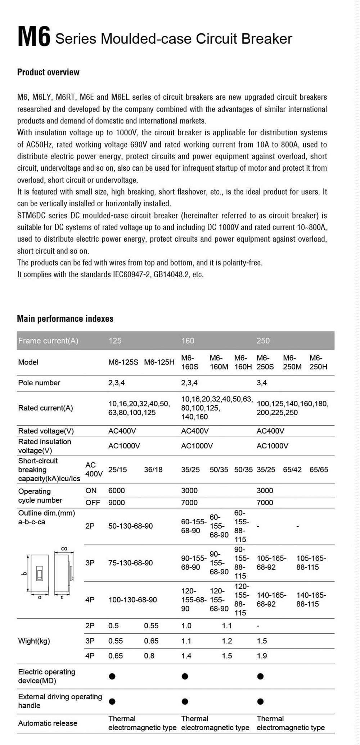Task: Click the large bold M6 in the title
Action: (34, 37)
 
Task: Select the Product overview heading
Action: (48, 72)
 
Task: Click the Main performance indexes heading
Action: (65, 319)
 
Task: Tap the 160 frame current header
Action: (188, 341)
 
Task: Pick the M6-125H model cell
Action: (159, 362)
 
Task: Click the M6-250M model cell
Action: (292, 362)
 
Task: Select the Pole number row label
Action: (39, 383)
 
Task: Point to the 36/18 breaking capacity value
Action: (153, 470)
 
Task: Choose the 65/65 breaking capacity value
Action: (319, 470)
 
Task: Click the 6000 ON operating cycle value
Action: (117, 490)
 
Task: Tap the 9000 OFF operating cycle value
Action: (117, 503)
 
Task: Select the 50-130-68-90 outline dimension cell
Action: (130, 526)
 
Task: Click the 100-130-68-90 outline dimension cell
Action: (132, 600)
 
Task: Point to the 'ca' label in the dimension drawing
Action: (64, 549)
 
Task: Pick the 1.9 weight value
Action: (262, 656)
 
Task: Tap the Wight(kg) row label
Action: (34, 641)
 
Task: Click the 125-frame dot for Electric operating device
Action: (112, 677)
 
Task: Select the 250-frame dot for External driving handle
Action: (261, 701)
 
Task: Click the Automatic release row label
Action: (48, 723)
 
